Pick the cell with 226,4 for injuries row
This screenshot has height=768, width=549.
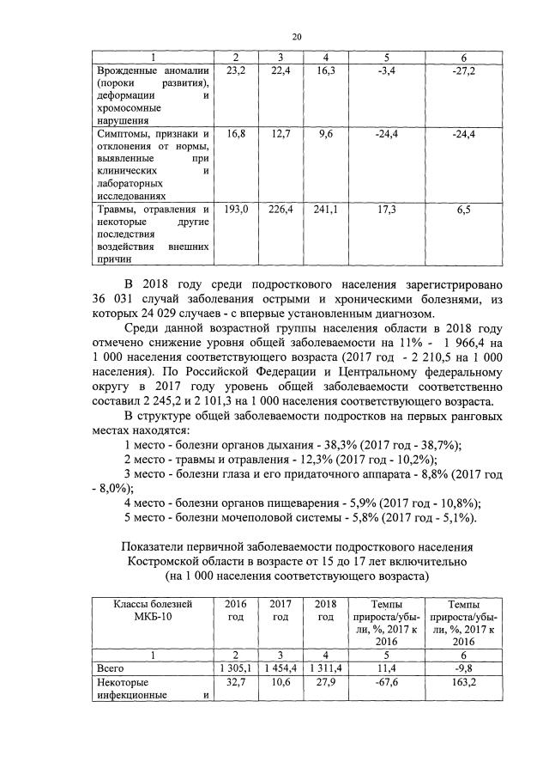click(x=281, y=209)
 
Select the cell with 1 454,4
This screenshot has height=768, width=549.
click(x=281, y=666)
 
